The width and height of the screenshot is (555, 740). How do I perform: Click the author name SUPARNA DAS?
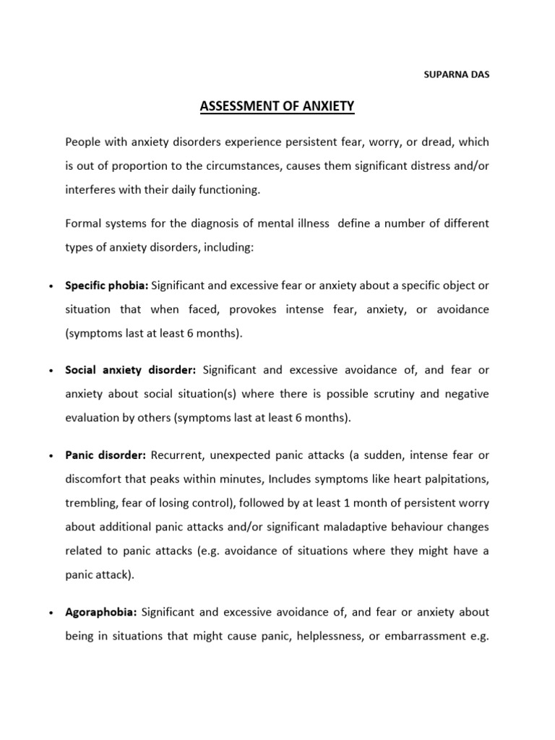[455, 74]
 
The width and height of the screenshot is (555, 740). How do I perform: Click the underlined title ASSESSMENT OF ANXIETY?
[277, 107]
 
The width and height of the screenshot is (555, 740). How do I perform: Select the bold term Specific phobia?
[107, 285]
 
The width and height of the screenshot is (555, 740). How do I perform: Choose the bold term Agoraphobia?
[100, 612]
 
